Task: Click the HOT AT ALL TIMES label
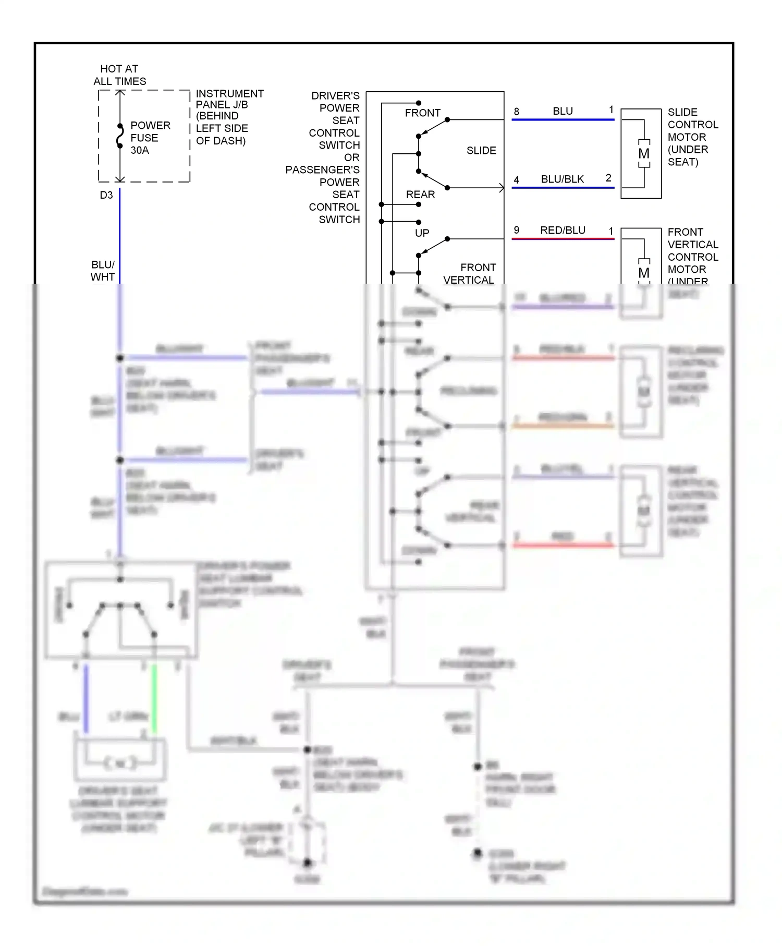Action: click(119, 75)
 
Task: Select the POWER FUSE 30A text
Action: click(150, 138)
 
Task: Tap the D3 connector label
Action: click(106, 195)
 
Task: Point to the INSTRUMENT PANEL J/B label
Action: click(229, 117)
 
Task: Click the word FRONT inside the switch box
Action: click(422, 113)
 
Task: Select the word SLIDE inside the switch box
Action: click(481, 150)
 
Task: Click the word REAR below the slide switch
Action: click(420, 195)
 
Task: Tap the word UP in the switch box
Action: click(422, 233)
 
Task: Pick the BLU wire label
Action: click(563, 111)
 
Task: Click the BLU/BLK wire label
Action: click(562, 179)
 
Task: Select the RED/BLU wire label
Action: click(563, 230)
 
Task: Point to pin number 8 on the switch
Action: click(516, 112)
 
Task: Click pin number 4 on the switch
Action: click(516, 180)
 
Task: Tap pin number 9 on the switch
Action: click(516, 230)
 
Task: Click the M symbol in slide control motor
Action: click(644, 154)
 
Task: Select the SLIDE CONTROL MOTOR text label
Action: click(692, 137)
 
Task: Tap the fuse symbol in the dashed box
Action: click(120, 137)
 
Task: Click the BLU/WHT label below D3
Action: click(103, 271)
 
